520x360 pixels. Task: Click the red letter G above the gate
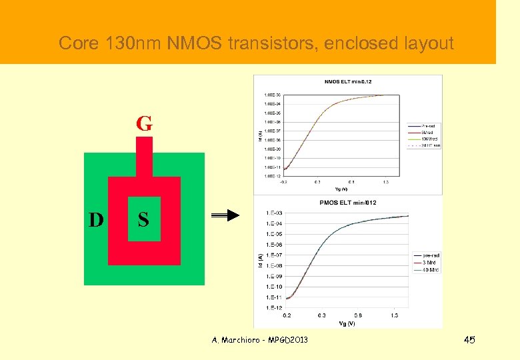(144, 123)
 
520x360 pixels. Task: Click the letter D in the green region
(97, 219)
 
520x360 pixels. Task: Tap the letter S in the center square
(143, 219)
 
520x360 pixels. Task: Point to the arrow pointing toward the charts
(225, 215)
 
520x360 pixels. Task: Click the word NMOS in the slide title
(198, 44)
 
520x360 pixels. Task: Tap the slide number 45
(470, 341)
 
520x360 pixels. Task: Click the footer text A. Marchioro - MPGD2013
(260, 341)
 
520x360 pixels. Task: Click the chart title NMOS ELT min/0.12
(348, 82)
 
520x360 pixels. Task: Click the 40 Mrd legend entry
(431, 270)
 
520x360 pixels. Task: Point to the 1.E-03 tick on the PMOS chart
(273, 213)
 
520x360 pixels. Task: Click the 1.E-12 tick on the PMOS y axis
(273, 307)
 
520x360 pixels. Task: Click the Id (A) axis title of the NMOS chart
(259, 135)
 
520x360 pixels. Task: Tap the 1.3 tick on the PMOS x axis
(395, 315)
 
